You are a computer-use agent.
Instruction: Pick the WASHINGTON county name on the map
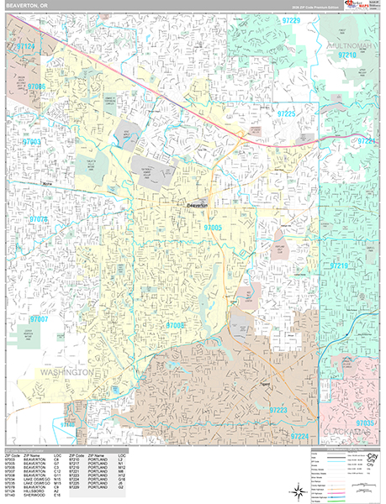(61, 370)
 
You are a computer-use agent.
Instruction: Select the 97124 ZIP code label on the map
(28, 47)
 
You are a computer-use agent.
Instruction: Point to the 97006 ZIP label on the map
(36, 86)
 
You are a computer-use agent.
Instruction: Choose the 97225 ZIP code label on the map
(288, 113)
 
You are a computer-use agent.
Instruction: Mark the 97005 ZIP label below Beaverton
(212, 227)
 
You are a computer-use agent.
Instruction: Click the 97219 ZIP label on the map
(338, 265)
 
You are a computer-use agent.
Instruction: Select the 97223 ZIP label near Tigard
(278, 409)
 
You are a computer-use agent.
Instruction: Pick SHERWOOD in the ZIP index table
(34, 496)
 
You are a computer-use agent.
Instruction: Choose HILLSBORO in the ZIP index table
(34, 491)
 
